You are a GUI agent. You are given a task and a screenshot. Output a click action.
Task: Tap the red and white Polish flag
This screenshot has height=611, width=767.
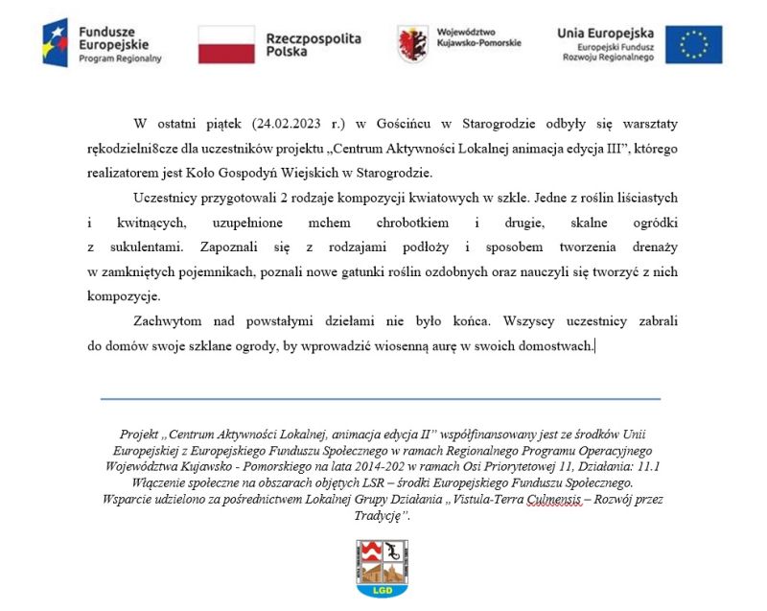[226, 45]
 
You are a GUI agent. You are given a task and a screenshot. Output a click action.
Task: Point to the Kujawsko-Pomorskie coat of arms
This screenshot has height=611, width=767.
[413, 44]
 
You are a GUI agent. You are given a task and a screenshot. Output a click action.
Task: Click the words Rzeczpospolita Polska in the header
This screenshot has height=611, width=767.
[314, 45]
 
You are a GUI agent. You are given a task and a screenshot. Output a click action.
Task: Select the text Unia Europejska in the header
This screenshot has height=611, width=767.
[605, 33]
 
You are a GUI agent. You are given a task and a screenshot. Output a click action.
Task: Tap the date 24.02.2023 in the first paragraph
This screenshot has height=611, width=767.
[291, 124]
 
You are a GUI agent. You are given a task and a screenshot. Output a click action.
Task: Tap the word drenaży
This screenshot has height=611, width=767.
[653, 247]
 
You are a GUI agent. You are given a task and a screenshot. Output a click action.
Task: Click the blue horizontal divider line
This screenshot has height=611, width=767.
[380, 398]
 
